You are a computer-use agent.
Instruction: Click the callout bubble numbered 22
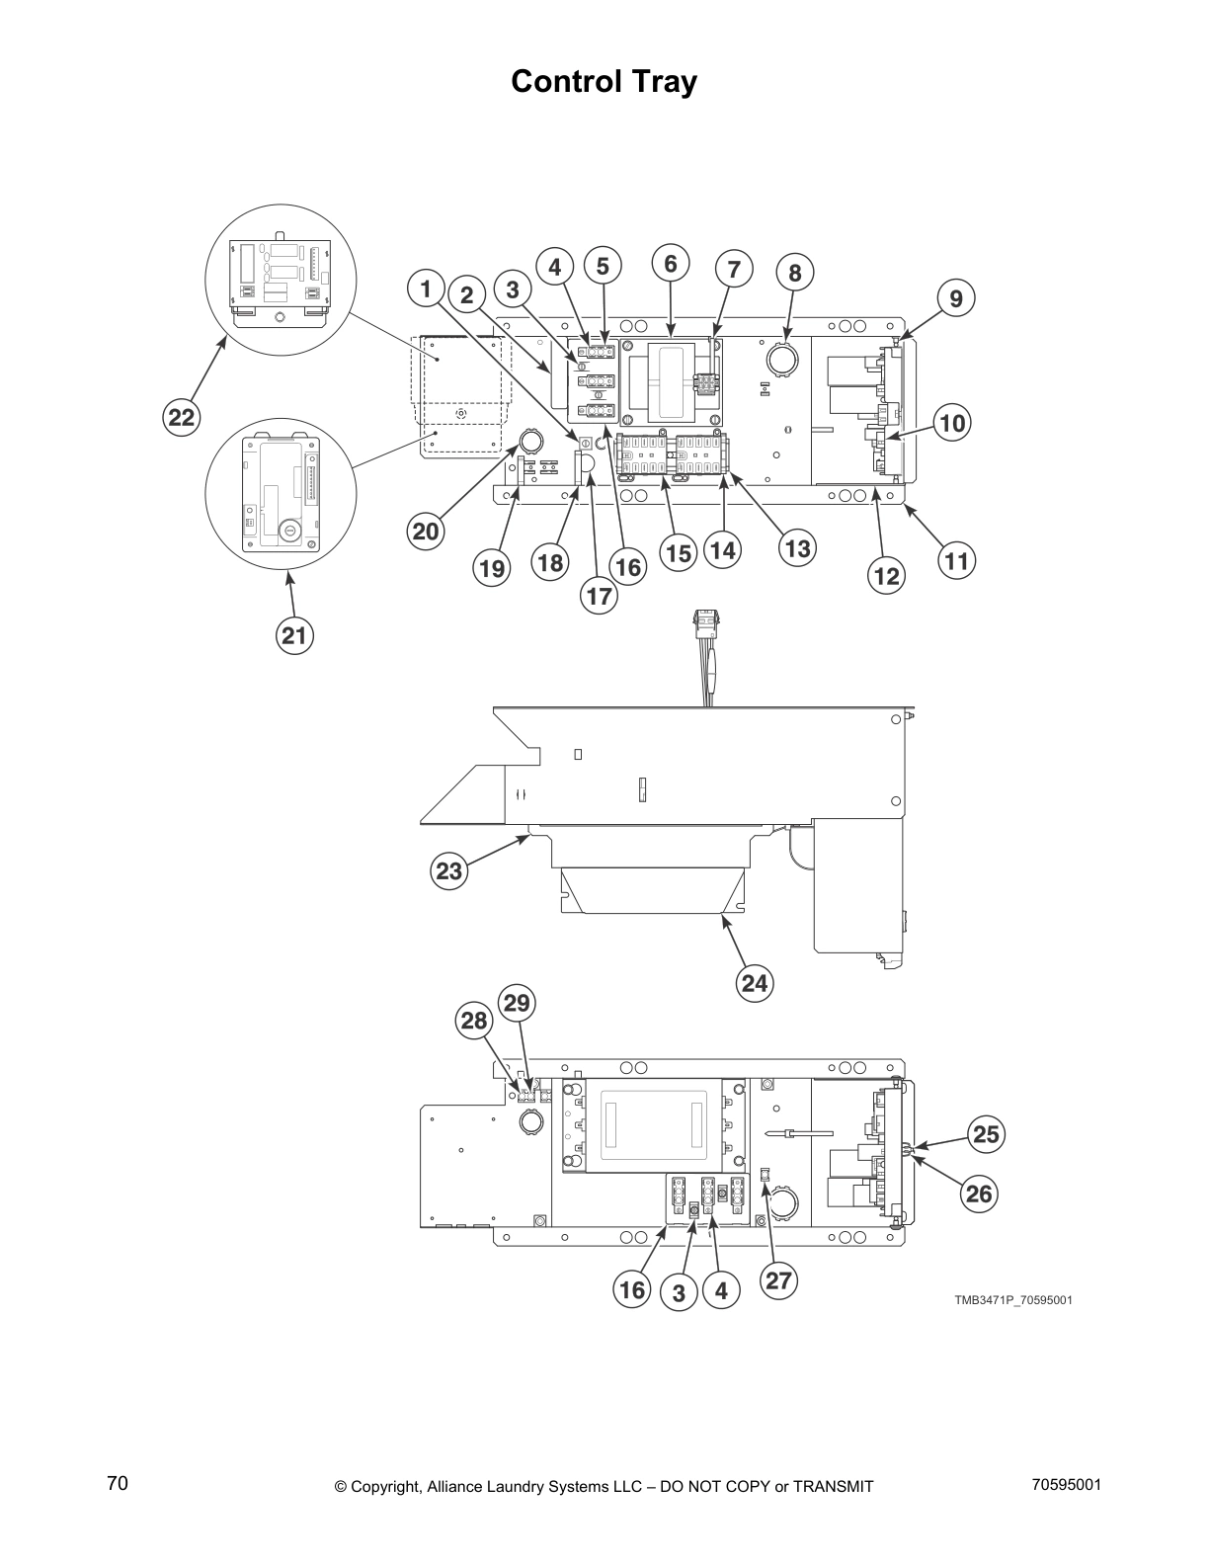(x=181, y=418)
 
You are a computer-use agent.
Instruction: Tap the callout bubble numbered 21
(x=294, y=635)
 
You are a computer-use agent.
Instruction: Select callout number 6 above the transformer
(x=671, y=264)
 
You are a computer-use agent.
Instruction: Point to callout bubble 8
(x=795, y=274)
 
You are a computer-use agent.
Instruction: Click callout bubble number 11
(x=956, y=561)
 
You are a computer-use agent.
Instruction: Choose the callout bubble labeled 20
(x=426, y=531)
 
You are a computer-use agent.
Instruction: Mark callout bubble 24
(x=755, y=982)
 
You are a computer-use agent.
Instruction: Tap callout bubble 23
(x=449, y=871)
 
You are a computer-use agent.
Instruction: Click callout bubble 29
(x=517, y=1004)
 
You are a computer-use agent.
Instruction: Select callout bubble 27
(x=778, y=1280)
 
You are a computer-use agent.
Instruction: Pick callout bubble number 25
(x=986, y=1134)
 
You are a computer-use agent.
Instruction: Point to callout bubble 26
(x=978, y=1194)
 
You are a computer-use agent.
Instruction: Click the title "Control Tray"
(x=604, y=82)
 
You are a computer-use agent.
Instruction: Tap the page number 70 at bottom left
(x=118, y=1483)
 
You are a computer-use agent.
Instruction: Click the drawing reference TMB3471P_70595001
(x=1012, y=1299)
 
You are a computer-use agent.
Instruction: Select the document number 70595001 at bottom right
(x=1065, y=1484)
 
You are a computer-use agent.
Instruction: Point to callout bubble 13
(x=797, y=547)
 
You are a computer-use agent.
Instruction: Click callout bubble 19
(x=492, y=568)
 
